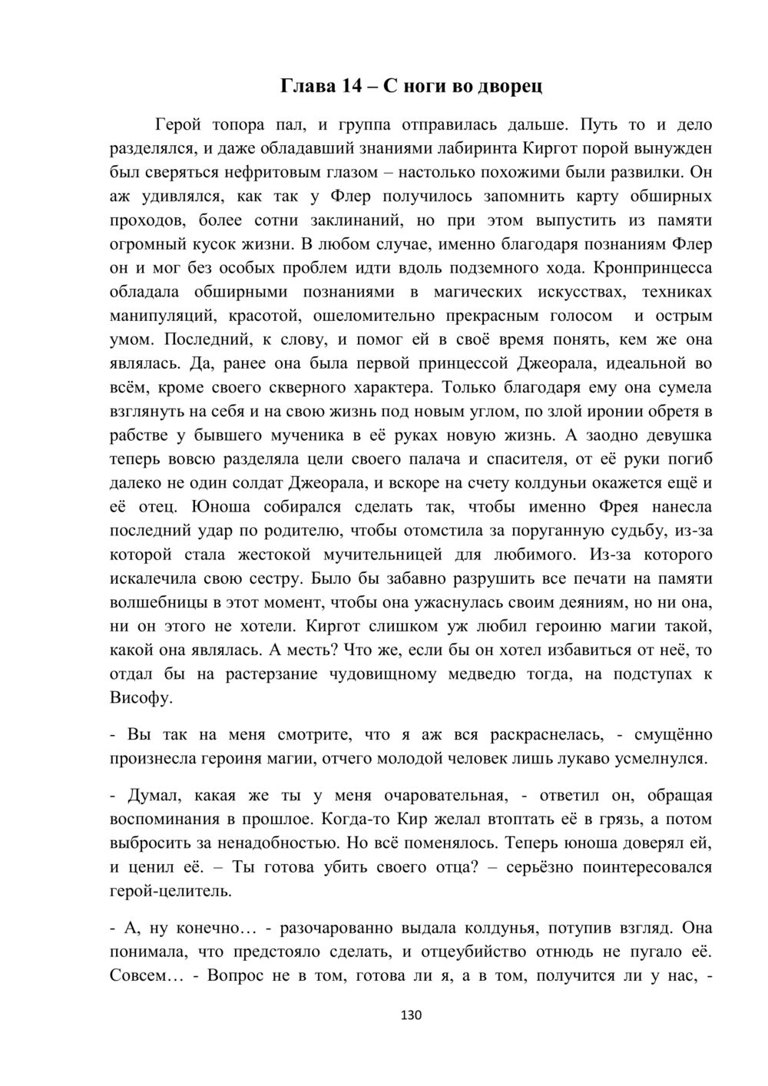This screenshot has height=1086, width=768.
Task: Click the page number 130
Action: (412, 1015)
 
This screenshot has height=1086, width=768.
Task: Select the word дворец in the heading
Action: (511, 85)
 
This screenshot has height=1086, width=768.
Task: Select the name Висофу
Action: (141, 699)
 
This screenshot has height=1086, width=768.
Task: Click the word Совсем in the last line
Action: (137, 976)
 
